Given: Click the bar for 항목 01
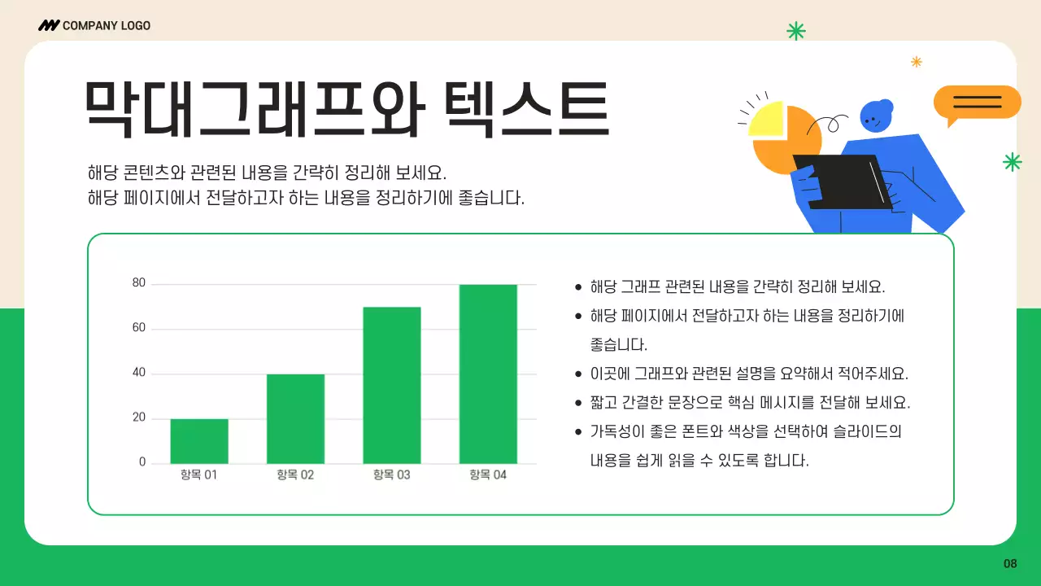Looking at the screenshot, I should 199,441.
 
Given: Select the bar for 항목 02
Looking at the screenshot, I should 295,418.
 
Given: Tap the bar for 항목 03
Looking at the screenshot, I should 392,385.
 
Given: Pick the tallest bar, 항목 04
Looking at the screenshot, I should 488,374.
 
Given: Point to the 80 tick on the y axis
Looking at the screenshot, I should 139,283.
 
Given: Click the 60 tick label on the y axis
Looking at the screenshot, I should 139,328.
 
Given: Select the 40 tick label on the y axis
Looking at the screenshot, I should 139,373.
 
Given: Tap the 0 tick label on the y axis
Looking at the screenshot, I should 142,462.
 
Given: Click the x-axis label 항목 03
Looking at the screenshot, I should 392,474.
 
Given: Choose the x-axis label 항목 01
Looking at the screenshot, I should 199,474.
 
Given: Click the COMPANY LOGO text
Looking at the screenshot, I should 106,25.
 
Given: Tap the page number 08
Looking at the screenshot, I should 1010,564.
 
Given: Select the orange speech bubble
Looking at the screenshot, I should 977,103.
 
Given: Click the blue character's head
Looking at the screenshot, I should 874,116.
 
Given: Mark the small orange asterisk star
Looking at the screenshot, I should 917,61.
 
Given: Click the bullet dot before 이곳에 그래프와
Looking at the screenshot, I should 578,375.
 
